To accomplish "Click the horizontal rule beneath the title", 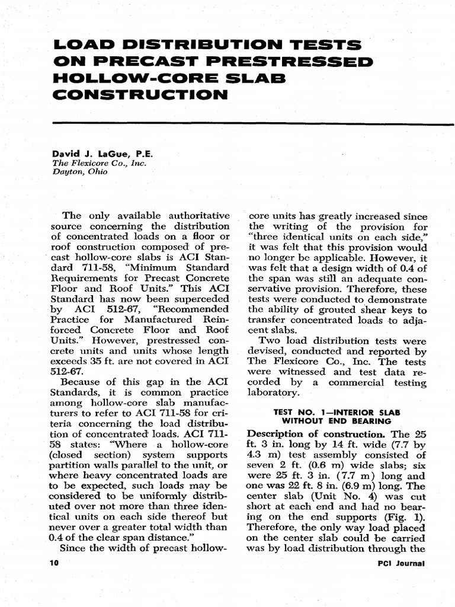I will (x=253, y=123).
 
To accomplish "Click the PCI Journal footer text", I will (x=402, y=563).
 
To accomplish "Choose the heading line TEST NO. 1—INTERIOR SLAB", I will (x=336, y=411).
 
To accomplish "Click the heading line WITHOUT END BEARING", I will (x=336, y=421).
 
